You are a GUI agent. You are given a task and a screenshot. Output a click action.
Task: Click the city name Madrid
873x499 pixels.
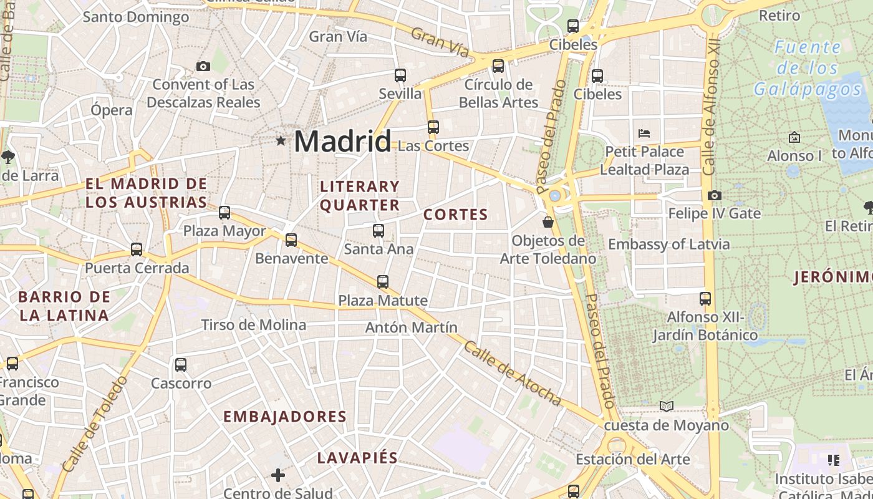coord(342,141)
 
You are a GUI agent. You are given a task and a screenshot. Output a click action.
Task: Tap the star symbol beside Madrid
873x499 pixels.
coord(281,141)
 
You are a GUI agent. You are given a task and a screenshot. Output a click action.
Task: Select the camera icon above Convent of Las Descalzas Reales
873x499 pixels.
coord(203,66)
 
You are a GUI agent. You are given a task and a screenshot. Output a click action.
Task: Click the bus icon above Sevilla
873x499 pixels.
coord(400,75)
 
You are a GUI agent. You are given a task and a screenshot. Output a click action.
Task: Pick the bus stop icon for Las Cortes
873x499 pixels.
coord(433,127)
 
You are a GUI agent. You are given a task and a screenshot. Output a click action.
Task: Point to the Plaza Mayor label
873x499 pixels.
coord(224,231)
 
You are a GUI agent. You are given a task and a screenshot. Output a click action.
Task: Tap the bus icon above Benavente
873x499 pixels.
coord(291,240)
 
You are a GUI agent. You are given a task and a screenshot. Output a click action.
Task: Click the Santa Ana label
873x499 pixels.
coord(379,249)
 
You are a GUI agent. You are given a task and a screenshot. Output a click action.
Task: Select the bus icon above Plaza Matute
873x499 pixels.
coord(383,282)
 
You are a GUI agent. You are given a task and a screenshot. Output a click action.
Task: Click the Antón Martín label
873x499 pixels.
coord(412,327)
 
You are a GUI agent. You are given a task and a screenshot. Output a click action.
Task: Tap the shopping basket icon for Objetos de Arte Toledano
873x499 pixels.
coord(548,222)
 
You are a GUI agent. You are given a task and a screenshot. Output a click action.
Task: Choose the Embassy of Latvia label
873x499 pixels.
coord(668,244)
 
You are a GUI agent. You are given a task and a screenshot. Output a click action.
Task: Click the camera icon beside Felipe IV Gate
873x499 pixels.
coord(715,196)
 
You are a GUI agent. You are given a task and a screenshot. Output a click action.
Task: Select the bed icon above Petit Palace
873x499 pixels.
coord(644,133)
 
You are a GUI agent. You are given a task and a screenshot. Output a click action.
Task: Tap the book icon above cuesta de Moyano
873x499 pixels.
coord(667,407)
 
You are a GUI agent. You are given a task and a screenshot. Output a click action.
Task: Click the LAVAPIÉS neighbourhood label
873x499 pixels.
coord(357,458)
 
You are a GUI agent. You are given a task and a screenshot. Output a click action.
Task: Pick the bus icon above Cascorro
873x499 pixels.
coord(181,365)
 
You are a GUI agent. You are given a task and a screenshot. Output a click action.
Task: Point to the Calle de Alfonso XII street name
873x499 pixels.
coord(710,109)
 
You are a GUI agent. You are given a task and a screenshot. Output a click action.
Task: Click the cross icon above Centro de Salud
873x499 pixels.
coord(278,476)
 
